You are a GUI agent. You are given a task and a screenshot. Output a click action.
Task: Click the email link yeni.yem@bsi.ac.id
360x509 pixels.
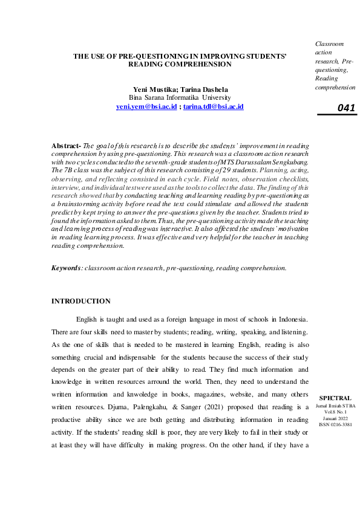point(146,106)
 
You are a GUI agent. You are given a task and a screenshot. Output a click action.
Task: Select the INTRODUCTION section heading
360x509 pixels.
point(81,300)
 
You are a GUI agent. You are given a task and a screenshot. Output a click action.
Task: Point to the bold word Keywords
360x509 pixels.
point(67,267)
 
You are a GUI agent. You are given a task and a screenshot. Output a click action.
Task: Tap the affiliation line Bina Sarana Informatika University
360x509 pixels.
point(179,97)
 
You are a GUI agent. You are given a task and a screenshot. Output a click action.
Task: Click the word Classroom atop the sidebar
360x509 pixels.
point(329,44)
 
